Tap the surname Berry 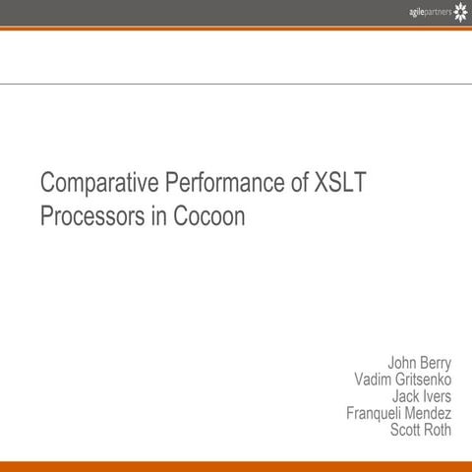click(434, 363)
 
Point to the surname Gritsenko click(424, 380)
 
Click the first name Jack click(407, 396)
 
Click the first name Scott click(406, 430)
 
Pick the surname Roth click(438, 430)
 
